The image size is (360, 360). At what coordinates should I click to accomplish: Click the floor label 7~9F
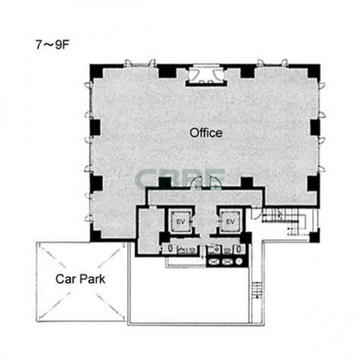point(52,45)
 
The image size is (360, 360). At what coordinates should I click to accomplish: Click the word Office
point(206,133)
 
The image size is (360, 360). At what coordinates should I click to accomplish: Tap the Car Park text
point(80,279)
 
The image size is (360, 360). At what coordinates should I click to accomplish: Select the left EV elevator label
point(181,222)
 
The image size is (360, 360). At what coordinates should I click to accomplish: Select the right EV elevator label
point(230,222)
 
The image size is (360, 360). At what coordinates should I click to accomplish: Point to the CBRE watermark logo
point(180,178)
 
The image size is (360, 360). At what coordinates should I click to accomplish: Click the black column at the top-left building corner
point(97,71)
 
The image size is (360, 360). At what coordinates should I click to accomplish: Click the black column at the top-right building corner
point(314,71)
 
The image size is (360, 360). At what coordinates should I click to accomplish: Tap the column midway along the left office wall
point(95,128)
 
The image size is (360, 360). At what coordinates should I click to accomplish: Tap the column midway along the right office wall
point(315,128)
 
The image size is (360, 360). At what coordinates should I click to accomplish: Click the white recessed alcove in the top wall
point(206,74)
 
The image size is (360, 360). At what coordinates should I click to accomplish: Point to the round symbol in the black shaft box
point(239,261)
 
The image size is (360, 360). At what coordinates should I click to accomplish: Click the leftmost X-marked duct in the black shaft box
point(214,261)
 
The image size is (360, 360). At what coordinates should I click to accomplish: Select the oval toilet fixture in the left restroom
point(170,249)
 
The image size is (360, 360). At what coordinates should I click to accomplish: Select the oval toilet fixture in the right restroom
point(239,249)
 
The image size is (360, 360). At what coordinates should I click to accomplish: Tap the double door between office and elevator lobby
point(206,183)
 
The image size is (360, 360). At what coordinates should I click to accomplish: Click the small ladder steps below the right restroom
point(257,290)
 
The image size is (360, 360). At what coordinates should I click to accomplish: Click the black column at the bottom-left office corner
point(96,236)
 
